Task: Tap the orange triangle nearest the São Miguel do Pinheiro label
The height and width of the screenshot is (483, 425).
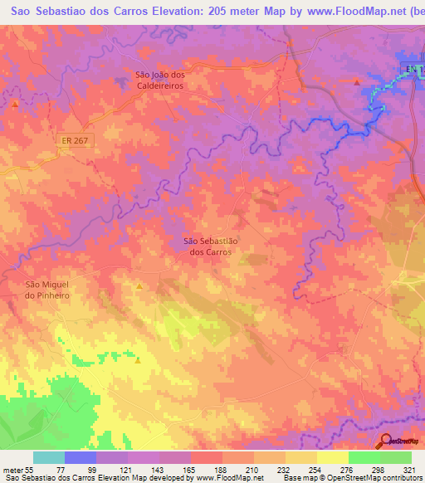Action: click(139, 286)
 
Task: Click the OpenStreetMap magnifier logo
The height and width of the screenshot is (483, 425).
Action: click(384, 441)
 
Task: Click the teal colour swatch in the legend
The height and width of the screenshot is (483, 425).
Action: click(49, 457)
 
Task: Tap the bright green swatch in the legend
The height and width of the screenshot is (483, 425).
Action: click(364, 457)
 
